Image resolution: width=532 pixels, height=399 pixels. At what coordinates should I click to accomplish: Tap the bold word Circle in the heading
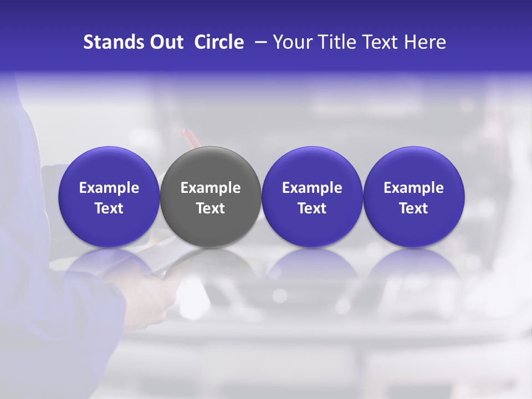[219, 42]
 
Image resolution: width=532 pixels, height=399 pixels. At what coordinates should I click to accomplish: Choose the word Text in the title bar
[377, 42]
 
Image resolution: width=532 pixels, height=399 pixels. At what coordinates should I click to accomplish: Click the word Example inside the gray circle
[211, 188]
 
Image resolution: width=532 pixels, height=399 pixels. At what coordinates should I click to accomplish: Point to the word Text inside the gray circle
[211, 208]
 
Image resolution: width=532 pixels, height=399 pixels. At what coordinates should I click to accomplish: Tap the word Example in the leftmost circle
[109, 188]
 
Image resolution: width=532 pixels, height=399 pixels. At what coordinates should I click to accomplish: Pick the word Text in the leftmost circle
[109, 208]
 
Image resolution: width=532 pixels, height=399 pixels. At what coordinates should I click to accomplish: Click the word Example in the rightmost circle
[413, 188]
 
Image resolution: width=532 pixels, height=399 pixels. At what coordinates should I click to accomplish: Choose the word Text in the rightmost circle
[413, 208]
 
